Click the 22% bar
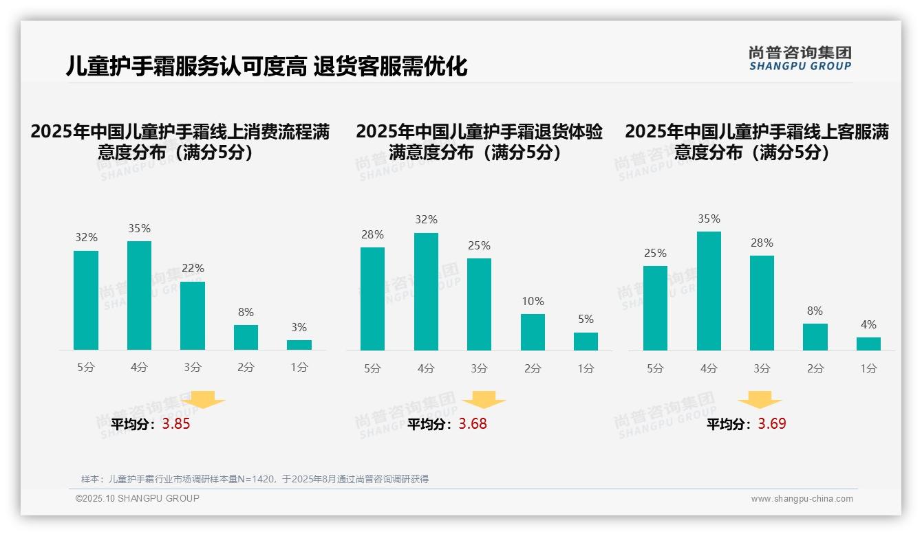click(x=193, y=315)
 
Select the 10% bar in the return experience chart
click(x=533, y=332)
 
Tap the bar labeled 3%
click(x=299, y=345)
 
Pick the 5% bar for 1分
click(x=586, y=342)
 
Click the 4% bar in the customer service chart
click(x=868, y=344)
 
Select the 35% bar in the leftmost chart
click(x=140, y=295)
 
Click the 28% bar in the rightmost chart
click(x=762, y=302)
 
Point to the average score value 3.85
click(x=176, y=424)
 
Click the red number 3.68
click(x=473, y=424)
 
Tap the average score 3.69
click(x=772, y=424)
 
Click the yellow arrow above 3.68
click(x=484, y=400)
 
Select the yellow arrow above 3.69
click(x=760, y=400)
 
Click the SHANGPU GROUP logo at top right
click(x=800, y=58)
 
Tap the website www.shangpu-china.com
click(x=802, y=499)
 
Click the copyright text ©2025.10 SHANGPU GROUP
click(x=138, y=498)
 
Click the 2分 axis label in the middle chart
click(x=533, y=368)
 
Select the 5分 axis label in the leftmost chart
click(x=86, y=368)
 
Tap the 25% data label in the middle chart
click(x=479, y=245)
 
